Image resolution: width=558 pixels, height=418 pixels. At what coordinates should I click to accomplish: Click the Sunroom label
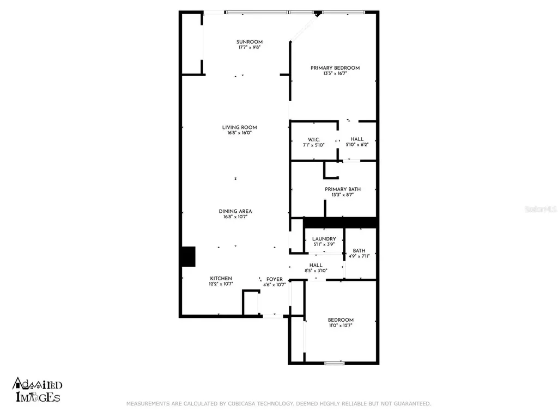(x=250, y=42)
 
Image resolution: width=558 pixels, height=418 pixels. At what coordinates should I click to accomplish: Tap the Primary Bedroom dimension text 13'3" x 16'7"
(x=335, y=73)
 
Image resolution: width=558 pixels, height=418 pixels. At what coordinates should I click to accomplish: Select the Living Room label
(x=239, y=127)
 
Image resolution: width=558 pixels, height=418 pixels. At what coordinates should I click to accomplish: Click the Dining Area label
(x=235, y=211)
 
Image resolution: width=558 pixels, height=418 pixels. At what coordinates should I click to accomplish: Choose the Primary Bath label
(x=343, y=189)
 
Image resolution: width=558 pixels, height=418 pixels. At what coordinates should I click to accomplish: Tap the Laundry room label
(x=324, y=239)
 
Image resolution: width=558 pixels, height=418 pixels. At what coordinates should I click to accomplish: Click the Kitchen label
(x=221, y=278)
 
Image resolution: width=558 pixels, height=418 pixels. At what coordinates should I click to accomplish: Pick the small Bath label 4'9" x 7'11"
(x=359, y=250)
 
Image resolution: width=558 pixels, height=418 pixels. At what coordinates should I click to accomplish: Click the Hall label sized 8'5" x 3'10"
(x=316, y=265)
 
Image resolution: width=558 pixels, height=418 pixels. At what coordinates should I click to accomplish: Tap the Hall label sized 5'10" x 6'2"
(x=357, y=139)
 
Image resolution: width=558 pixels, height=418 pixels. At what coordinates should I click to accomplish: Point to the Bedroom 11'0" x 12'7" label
(x=341, y=320)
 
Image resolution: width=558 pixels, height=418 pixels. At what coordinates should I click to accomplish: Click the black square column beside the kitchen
(x=187, y=256)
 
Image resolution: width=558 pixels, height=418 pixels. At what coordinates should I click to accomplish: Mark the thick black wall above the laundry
(x=340, y=222)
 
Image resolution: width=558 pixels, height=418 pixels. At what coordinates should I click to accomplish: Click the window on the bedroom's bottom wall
(x=334, y=362)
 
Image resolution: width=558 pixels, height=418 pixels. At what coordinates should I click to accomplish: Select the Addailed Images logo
(x=38, y=391)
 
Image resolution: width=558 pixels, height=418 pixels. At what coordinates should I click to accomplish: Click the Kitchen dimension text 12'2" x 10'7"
(x=221, y=284)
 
